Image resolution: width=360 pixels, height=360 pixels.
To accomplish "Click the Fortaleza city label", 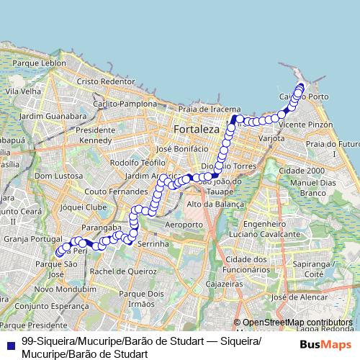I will [x=196, y=129].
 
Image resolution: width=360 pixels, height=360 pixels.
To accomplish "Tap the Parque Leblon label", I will [x=45, y=63].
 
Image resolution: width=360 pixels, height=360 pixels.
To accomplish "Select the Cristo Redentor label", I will [x=106, y=81].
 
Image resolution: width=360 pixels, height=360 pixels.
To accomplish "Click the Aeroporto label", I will [x=184, y=225].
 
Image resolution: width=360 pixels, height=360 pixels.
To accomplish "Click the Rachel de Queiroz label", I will [x=123, y=271].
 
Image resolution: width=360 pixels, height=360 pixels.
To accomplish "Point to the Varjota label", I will [x=271, y=138].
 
